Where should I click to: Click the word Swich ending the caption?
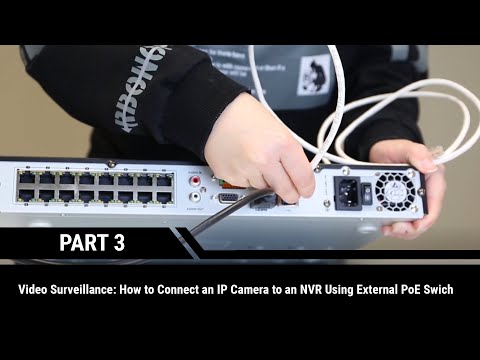point(437,289)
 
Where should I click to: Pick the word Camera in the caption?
point(244,289)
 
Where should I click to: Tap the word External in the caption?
point(363,289)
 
